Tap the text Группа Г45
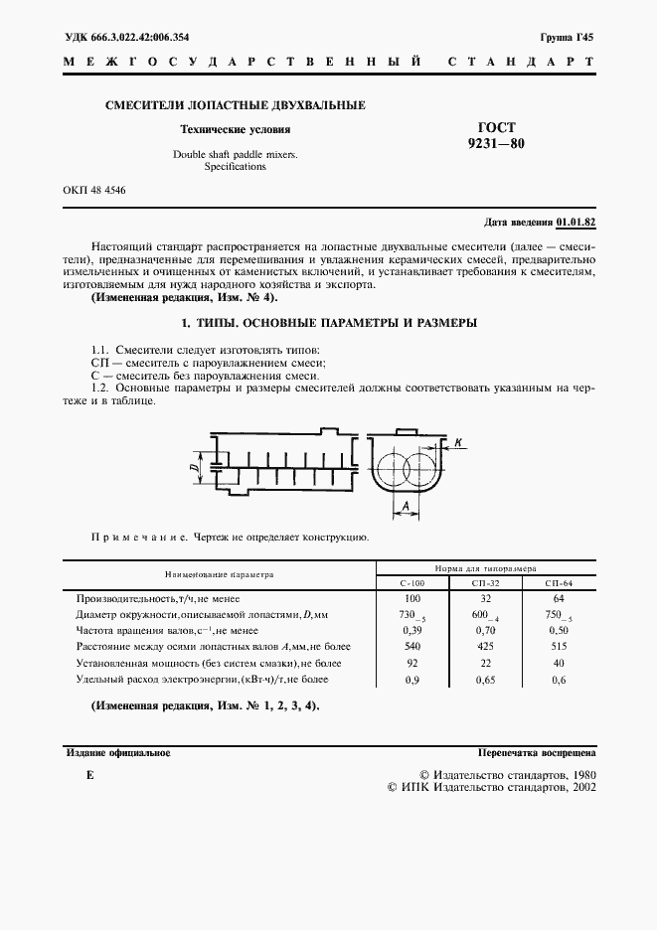(567, 38)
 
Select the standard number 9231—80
(496, 144)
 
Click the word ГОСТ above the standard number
(496, 127)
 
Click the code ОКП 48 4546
(94, 191)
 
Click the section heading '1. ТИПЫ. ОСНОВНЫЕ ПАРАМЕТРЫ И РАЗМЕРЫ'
(328, 324)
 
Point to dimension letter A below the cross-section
(406, 506)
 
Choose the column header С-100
(412, 583)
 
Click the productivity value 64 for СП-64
(558, 599)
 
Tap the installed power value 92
(412, 663)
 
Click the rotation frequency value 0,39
(412, 631)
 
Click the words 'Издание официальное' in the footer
(118, 754)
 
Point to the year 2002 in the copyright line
(577, 786)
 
